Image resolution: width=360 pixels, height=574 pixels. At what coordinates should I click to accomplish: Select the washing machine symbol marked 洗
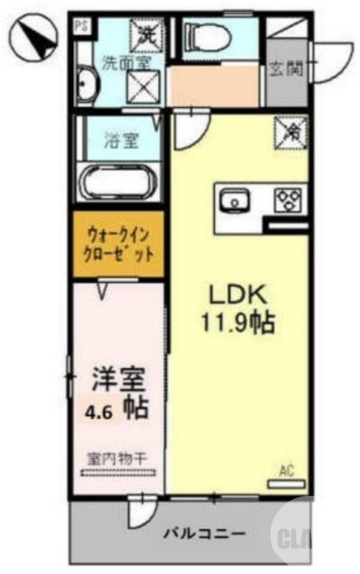coord(146,32)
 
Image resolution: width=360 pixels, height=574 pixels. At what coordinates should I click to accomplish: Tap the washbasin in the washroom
coord(85,85)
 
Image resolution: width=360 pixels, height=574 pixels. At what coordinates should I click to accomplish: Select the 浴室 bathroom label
coord(120,140)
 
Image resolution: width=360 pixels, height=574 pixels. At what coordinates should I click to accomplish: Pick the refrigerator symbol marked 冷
coord(293,131)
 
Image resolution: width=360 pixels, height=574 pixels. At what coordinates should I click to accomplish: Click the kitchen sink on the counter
coord(234,200)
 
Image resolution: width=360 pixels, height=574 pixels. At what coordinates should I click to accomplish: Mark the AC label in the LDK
coord(287,471)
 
